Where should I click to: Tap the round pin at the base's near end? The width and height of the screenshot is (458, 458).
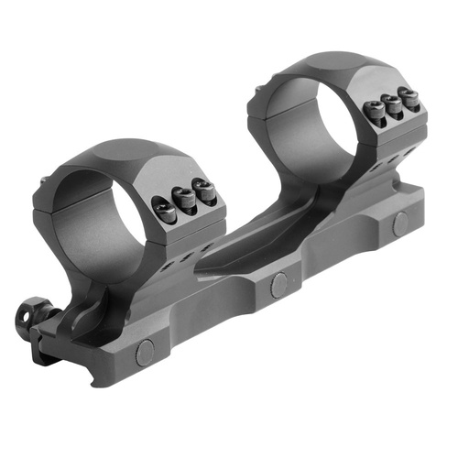(x=144, y=352)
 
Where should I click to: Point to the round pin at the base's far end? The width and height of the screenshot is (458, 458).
(x=400, y=221)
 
